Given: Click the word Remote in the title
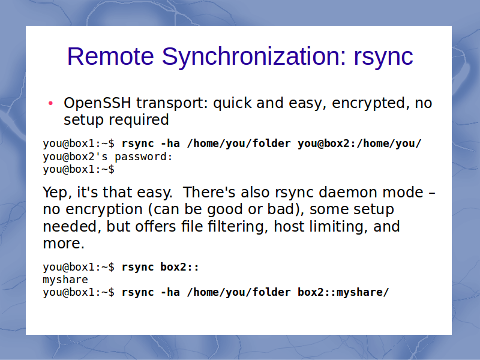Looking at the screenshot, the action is (x=110, y=56).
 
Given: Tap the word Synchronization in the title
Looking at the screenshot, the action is (x=254, y=57).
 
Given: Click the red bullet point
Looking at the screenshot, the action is (x=51, y=103).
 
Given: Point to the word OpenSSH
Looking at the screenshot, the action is (x=97, y=103).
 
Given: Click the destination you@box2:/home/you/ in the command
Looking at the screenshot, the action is (x=359, y=143).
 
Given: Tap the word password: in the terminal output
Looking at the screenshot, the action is (x=143, y=157).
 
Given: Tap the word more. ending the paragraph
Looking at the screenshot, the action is (x=64, y=244).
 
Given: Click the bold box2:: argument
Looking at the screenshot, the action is (x=179, y=267).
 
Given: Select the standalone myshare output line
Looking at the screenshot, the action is (x=65, y=280).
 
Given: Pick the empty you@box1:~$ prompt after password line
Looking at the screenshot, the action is (x=79, y=169).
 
